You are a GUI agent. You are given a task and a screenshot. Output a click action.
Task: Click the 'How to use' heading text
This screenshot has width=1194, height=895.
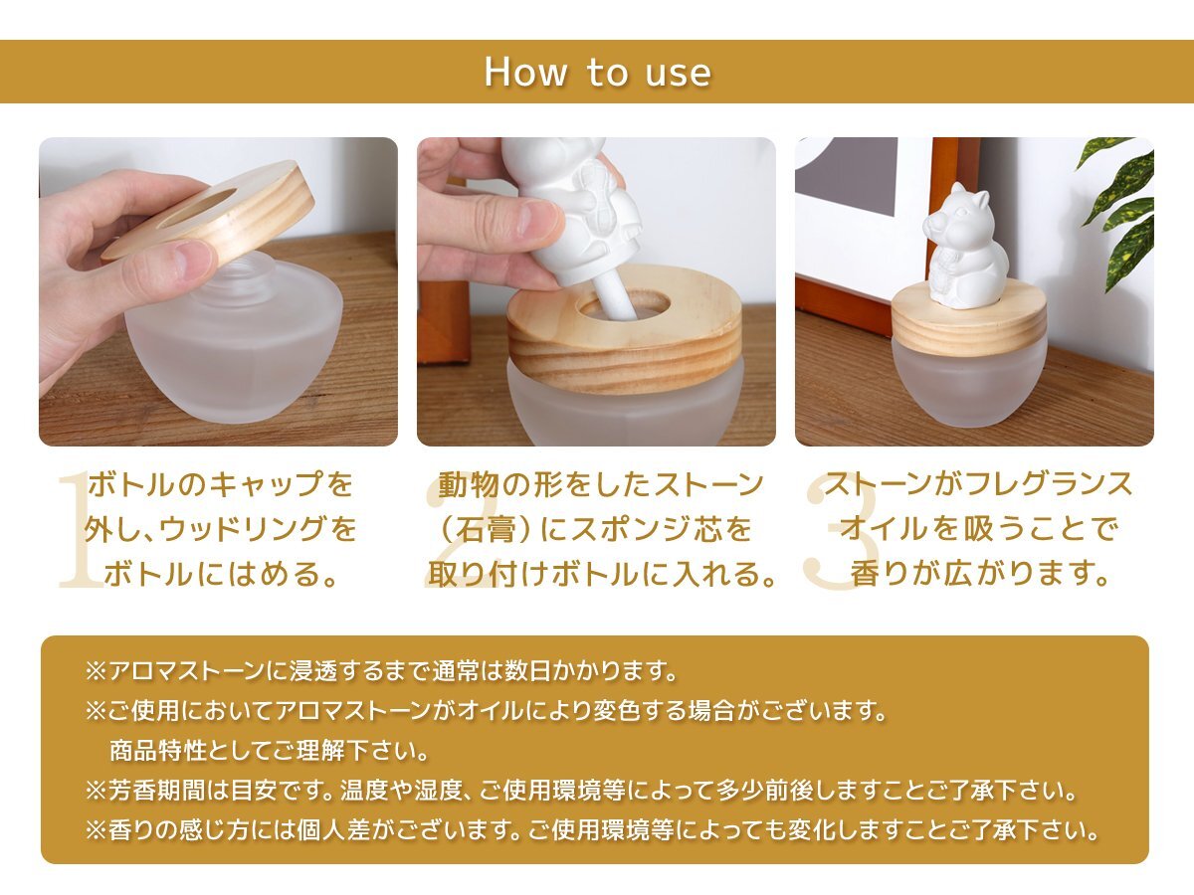[x=597, y=73]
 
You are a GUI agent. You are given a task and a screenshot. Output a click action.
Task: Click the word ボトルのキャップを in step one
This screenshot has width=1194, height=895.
[x=220, y=484]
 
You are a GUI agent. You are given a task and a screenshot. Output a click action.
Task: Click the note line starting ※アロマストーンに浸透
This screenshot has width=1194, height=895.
[x=381, y=671]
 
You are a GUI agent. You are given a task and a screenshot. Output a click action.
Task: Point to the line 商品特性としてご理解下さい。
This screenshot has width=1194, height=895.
[x=270, y=751]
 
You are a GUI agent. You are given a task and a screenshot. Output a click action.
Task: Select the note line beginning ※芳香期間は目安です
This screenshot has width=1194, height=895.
[x=581, y=791]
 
